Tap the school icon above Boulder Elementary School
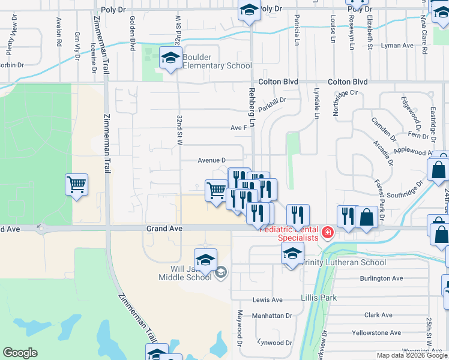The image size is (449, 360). coord(170,59)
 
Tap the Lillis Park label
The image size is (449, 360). coord(319,298)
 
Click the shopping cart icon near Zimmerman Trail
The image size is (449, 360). coord(76,184)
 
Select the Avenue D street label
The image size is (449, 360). coord(211,160)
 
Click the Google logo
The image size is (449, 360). coord(20,353)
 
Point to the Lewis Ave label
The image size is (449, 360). coord(267,299)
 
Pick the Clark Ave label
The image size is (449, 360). coord(378,314)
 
